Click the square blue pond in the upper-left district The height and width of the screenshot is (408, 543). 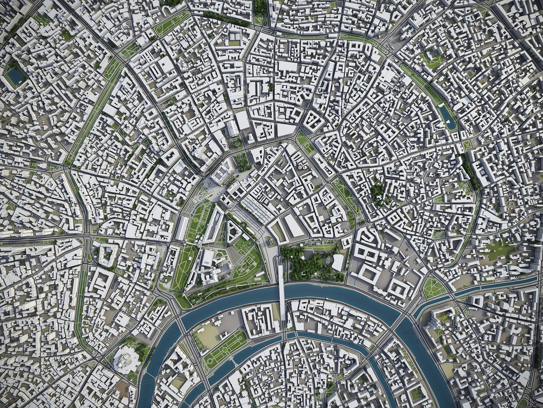15,76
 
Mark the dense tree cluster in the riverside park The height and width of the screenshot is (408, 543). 302,261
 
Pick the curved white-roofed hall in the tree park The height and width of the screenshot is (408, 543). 337,261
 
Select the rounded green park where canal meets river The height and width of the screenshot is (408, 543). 434,288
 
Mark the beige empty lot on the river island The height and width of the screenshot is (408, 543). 207,335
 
